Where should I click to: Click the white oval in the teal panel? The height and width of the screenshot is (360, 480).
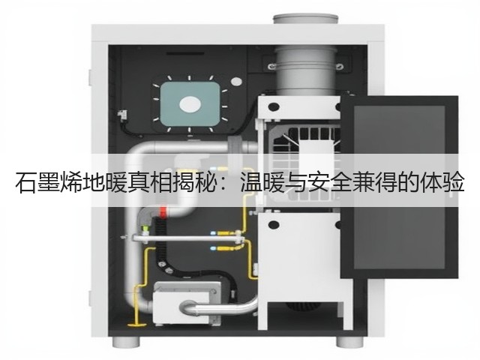click(x=190, y=105)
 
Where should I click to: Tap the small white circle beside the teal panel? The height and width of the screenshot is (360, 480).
click(x=236, y=82)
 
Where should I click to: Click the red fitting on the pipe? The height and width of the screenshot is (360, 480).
click(x=163, y=211)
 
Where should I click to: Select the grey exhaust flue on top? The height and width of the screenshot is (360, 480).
click(x=306, y=55)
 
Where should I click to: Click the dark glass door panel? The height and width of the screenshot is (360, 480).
click(x=400, y=187)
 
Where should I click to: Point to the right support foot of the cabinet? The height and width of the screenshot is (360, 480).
click(x=350, y=342)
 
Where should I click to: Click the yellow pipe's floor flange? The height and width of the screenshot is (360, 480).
click(x=136, y=324)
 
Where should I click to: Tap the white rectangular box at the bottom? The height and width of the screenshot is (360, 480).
click(x=187, y=303)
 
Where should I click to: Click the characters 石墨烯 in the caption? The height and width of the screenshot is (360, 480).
click(x=49, y=183)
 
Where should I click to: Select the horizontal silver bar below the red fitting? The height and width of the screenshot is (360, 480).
click(x=188, y=238)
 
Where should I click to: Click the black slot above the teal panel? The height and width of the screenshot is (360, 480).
click(x=185, y=54)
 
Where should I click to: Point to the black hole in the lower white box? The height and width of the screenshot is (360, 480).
click(x=273, y=225)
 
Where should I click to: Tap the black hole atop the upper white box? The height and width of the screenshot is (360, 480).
click(x=273, y=106)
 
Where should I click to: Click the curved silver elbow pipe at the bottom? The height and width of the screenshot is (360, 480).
click(x=218, y=307)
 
